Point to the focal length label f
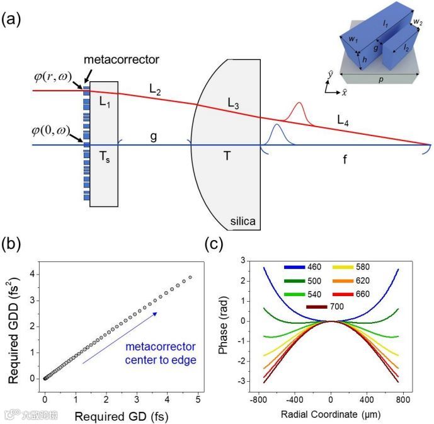(x=345, y=160)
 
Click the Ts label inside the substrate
(x=105, y=158)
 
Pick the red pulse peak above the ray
(x=299, y=103)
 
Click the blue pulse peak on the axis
(x=276, y=126)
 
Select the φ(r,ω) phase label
(x=54, y=79)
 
